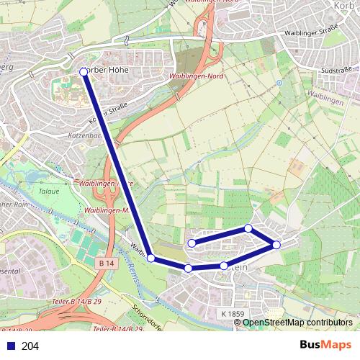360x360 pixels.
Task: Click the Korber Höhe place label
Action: [x=108, y=71]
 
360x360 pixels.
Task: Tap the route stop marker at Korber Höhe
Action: [x=84, y=71]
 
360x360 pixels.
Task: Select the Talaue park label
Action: [x=49, y=192]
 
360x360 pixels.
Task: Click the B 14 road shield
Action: [x=107, y=264]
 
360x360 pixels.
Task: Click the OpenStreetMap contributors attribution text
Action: [x=297, y=323]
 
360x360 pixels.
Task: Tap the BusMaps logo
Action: [x=325, y=346]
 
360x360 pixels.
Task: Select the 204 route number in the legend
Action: [x=30, y=346]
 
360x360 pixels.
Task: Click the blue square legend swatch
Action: [x=11, y=346]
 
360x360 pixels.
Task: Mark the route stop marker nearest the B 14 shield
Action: [x=150, y=258]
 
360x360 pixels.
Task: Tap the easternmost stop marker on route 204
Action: [x=276, y=245]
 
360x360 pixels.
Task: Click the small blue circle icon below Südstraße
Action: [x=279, y=83]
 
